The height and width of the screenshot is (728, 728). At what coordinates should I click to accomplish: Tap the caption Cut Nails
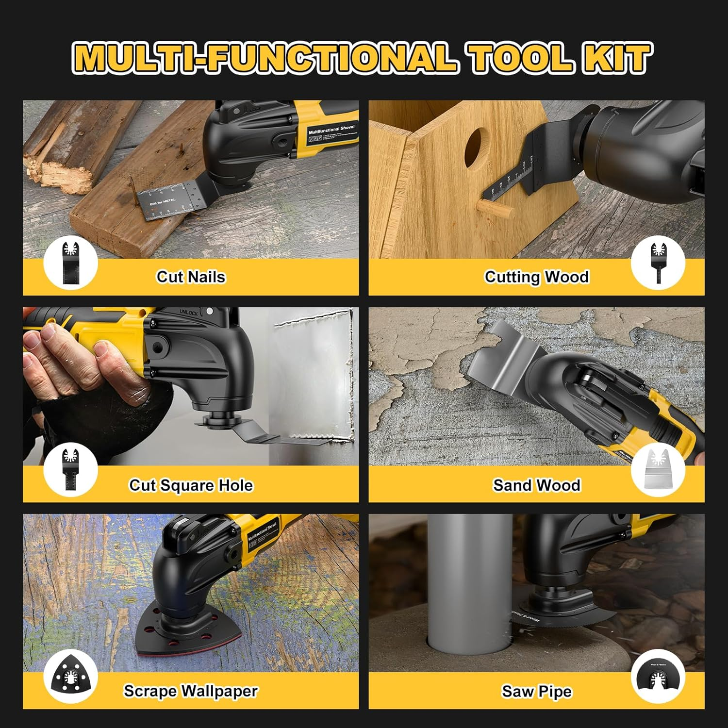point(191,277)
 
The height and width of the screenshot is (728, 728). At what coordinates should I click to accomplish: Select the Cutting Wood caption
point(536,277)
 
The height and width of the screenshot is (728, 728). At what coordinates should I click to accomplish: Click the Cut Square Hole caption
point(191,485)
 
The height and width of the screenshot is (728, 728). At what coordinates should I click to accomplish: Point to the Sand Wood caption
point(536,485)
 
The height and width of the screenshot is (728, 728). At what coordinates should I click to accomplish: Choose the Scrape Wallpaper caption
point(191,691)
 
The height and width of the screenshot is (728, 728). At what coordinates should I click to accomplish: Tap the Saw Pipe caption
point(536,691)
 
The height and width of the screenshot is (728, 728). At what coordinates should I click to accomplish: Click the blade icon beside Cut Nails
point(70,263)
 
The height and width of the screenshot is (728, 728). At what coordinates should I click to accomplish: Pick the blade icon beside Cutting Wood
point(658,263)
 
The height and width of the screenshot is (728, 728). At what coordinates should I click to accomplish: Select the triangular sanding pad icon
point(70,676)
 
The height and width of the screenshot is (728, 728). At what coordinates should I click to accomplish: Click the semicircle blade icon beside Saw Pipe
point(658,678)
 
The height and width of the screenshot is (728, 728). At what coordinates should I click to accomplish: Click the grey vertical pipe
point(469,582)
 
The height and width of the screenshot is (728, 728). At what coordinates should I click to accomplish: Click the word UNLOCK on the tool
point(189,313)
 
